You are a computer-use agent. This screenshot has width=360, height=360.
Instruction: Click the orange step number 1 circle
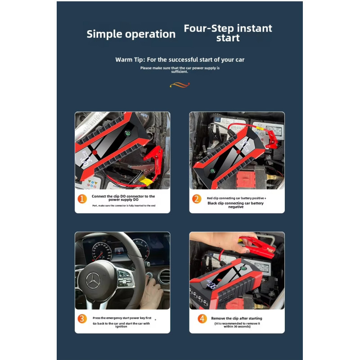tap(82, 199)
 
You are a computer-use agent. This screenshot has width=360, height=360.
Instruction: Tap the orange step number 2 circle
tap(197, 199)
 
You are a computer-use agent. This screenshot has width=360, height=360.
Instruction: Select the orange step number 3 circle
tap(82, 319)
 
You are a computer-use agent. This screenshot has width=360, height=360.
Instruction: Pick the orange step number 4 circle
tap(202, 319)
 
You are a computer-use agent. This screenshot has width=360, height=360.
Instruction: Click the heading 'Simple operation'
tap(131, 34)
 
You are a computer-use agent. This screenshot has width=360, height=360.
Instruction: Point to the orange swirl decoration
tap(180, 85)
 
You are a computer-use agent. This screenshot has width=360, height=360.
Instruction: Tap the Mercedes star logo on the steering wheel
tap(93, 281)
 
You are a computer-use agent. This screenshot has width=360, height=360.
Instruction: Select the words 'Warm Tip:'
tap(130, 60)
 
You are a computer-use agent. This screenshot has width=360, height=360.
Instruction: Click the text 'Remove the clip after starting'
tap(237, 318)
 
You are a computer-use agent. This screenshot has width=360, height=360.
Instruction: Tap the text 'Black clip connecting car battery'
tap(235, 203)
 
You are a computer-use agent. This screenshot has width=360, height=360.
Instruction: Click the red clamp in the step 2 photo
tap(271, 139)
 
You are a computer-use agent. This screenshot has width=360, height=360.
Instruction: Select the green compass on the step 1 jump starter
tap(128, 133)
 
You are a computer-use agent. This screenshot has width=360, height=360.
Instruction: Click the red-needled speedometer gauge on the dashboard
tap(102, 251)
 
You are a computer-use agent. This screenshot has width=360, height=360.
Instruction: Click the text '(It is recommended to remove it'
tap(237, 323)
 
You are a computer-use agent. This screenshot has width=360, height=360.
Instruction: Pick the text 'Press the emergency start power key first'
tap(122, 318)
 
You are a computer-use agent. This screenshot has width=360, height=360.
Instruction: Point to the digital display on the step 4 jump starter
tap(211, 284)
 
